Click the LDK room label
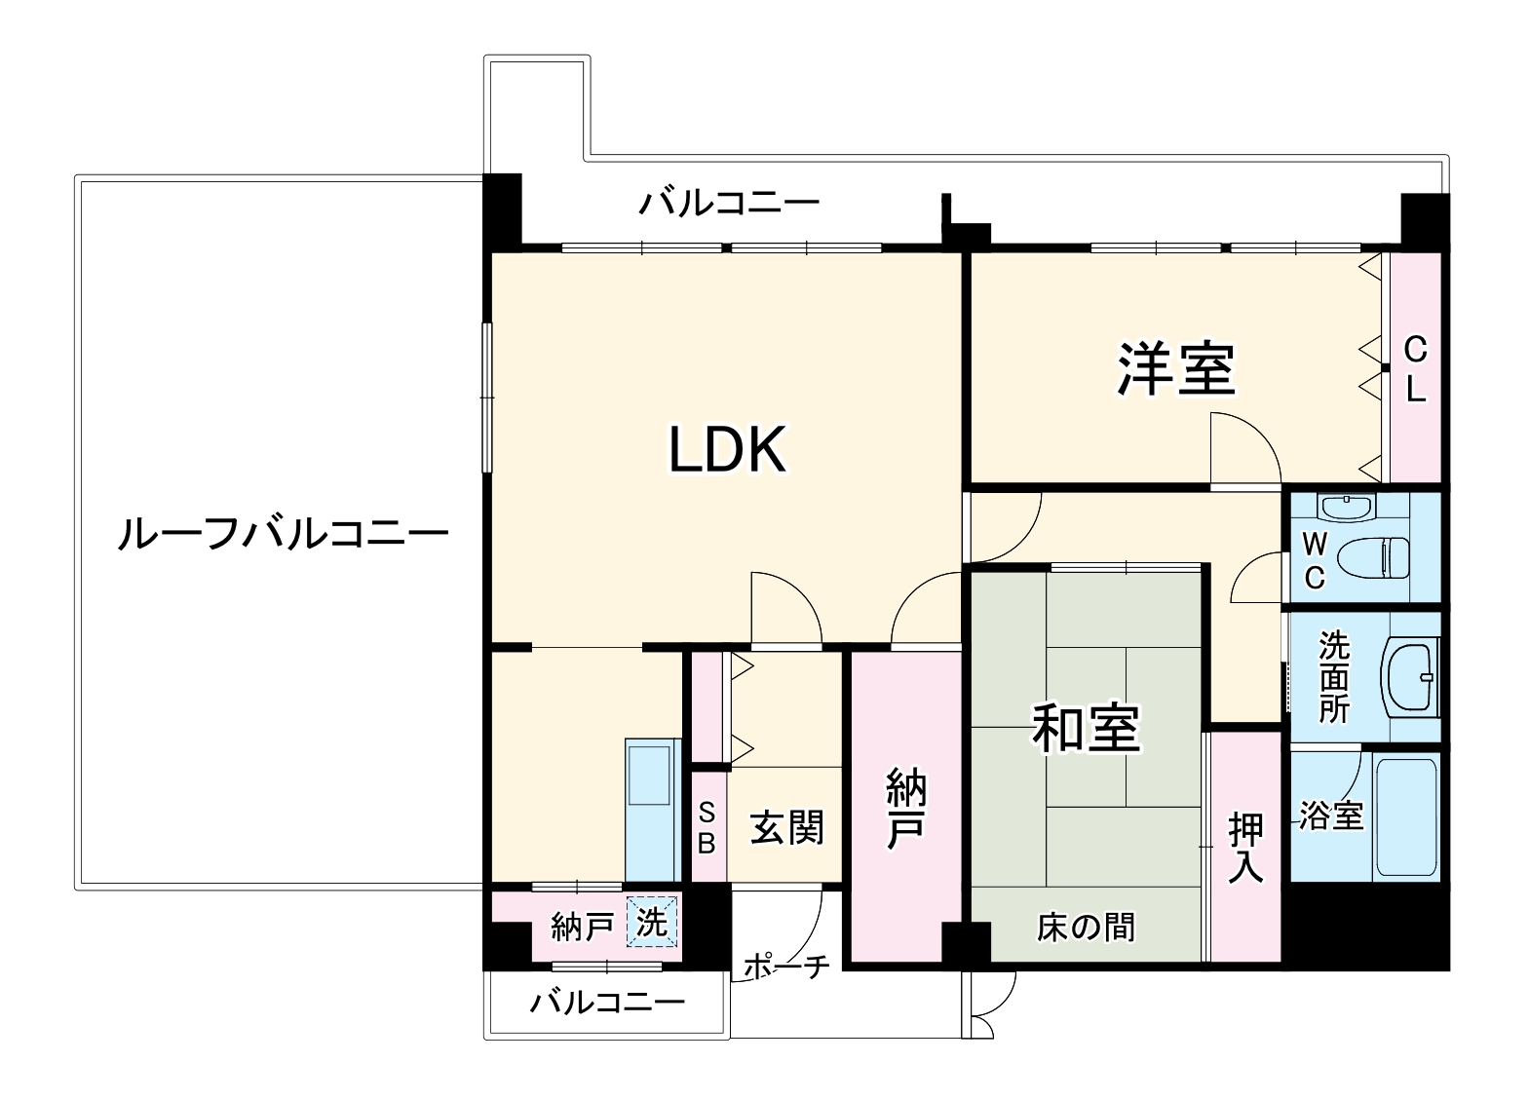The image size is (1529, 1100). click(727, 450)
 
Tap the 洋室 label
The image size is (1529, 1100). click(1176, 369)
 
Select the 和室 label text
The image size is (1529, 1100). click(1086, 728)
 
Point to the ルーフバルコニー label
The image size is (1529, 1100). click(283, 534)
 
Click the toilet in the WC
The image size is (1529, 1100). click(1372, 559)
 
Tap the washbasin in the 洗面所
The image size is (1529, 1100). click(1409, 676)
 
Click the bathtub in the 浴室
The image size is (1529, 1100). click(1405, 816)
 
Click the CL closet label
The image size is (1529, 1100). click(1416, 369)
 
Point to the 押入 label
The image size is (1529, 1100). click(1245, 848)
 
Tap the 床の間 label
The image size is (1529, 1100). click(1086, 927)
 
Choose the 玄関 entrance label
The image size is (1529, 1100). click(786, 827)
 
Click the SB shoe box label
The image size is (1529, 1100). click(707, 827)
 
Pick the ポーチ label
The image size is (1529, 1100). click(786, 966)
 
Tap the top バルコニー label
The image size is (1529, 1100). click(729, 204)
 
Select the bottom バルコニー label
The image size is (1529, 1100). click(607, 1002)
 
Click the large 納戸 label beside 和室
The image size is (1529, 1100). click(905, 808)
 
